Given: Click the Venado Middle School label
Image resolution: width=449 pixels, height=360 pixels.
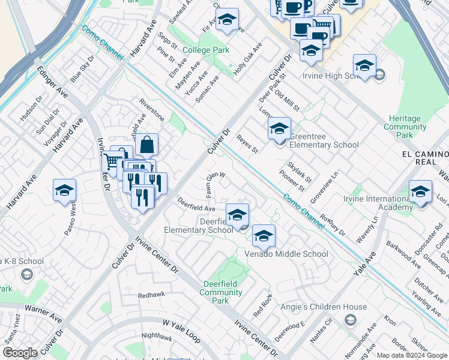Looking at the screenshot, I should [286, 254].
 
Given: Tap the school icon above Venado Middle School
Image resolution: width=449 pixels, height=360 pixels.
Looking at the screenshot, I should [263, 236].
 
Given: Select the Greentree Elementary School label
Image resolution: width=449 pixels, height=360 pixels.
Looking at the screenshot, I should [324, 140].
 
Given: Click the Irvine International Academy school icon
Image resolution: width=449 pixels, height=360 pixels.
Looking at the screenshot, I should [420, 192].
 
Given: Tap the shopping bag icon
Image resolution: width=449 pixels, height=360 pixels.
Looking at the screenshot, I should [146, 145].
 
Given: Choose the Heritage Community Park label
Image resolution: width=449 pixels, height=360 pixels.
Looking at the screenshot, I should [405, 127].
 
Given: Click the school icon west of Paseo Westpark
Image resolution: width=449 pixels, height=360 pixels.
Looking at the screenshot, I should [64, 191].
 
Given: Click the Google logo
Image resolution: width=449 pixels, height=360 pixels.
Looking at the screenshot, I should [20, 353].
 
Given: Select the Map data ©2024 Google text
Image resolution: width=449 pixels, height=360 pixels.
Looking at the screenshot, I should [411, 355].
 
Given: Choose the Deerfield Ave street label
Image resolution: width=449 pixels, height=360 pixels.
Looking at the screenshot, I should [196, 204].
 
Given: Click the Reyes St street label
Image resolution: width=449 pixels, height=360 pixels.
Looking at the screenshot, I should [247, 143].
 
